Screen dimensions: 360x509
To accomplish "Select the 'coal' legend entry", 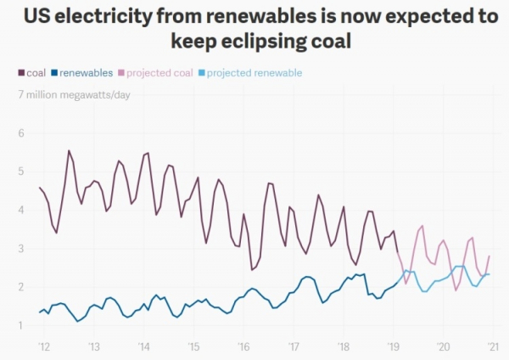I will pyautogui.click(x=32, y=73).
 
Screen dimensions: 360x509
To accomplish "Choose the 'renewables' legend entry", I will pyautogui.click(x=83, y=73).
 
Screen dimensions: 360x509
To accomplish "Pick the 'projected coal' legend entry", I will pyautogui.click(x=157, y=73).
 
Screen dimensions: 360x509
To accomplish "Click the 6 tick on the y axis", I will pyautogui.click(x=21, y=133).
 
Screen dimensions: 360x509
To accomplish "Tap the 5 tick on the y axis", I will pyautogui.click(x=21, y=172).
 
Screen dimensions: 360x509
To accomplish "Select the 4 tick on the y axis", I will pyautogui.click(x=21, y=210).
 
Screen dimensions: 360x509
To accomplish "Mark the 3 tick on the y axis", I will pyautogui.click(x=21, y=248).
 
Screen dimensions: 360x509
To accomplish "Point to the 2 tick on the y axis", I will pyautogui.click(x=21, y=287).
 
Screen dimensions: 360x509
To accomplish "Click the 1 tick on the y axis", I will pyautogui.click(x=21, y=325).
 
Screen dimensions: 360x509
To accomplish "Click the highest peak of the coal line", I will pyautogui.click(x=69, y=151).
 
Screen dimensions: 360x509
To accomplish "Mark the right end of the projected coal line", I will pyautogui.click(x=489, y=256).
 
